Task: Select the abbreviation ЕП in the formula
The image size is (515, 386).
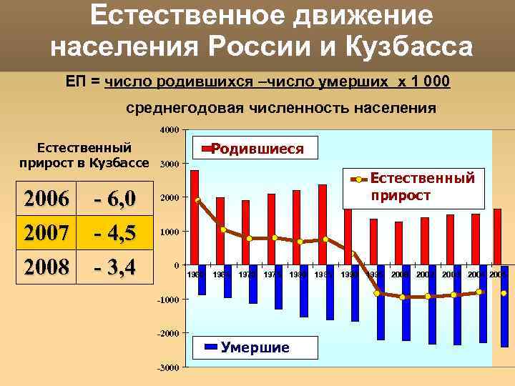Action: [75, 81]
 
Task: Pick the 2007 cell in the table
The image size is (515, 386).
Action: [47, 232]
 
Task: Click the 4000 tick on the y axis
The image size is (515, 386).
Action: [170, 130]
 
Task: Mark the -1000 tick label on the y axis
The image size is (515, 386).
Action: [169, 300]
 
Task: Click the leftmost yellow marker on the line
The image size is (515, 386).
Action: [197, 200]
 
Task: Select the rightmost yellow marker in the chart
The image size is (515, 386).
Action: [504, 293]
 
